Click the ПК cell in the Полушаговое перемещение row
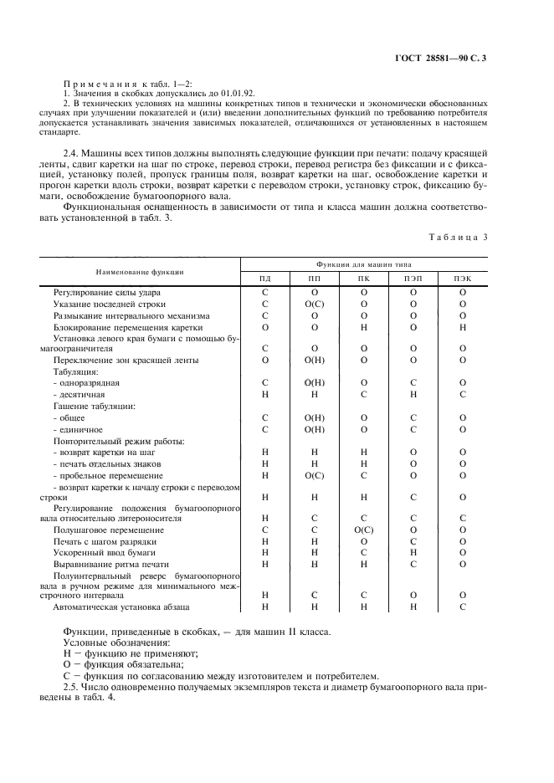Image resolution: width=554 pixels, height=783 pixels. (x=363, y=530)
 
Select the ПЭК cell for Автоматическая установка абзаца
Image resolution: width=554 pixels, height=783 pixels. (x=462, y=606)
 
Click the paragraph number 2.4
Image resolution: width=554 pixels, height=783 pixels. (x=72, y=153)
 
